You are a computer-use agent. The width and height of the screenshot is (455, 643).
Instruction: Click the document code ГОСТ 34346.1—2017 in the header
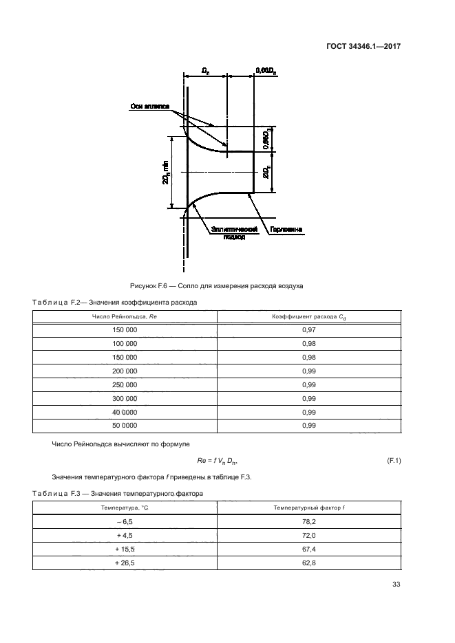(x=363, y=47)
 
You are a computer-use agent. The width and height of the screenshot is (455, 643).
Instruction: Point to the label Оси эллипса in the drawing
(x=150, y=107)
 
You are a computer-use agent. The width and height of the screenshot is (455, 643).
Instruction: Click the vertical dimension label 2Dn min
(x=166, y=173)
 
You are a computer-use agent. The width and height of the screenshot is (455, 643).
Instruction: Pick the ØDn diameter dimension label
(x=266, y=171)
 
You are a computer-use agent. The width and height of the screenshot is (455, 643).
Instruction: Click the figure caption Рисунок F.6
(x=216, y=285)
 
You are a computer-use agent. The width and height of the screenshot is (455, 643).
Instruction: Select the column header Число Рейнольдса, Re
(x=125, y=316)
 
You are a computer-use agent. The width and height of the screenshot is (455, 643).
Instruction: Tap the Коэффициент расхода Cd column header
(x=308, y=316)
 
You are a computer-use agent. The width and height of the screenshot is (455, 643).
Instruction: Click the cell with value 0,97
(x=308, y=330)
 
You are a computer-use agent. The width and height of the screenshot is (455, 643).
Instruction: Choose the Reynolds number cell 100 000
(x=125, y=344)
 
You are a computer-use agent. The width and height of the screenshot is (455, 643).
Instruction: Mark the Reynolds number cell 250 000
(x=125, y=385)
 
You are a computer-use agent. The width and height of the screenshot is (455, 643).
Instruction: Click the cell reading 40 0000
(x=125, y=412)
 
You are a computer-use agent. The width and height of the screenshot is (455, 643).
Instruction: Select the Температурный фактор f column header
(x=308, y=508)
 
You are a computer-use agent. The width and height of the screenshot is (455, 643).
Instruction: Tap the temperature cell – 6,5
(x=125, y=522)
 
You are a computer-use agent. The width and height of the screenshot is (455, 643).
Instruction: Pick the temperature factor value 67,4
(x=308, y=549)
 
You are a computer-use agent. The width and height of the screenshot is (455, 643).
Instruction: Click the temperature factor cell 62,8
(x=308, y=563)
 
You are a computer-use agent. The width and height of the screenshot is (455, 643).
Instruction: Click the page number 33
(x=396, y=585)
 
